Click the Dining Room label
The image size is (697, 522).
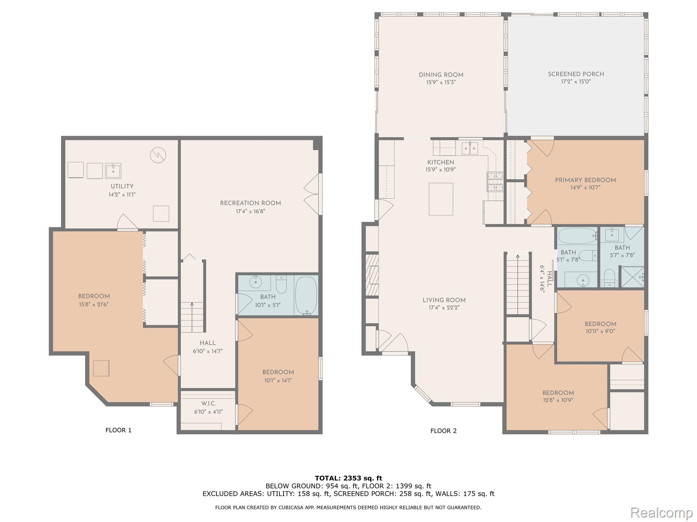coord(441,75)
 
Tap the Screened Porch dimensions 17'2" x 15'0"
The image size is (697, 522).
coord(576,82)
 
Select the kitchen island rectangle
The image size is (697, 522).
coord(441,199)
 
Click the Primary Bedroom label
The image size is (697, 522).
coord(585,180)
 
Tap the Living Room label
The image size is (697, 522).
coord(444,300)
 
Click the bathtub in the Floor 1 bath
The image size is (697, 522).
coord(306,295)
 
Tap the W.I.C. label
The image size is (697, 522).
coord(208,403)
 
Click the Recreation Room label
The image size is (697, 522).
coord(250,203)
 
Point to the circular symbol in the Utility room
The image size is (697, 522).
coord(158,155)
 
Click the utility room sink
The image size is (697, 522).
coord(113,171)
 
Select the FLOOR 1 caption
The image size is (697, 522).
coord(118,430)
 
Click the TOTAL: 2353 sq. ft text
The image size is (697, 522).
coord(348,478)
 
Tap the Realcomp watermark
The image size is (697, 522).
coord(661,512)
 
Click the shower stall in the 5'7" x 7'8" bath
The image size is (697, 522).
coord(632,277)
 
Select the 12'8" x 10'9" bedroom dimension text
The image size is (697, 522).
coord(558,400)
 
